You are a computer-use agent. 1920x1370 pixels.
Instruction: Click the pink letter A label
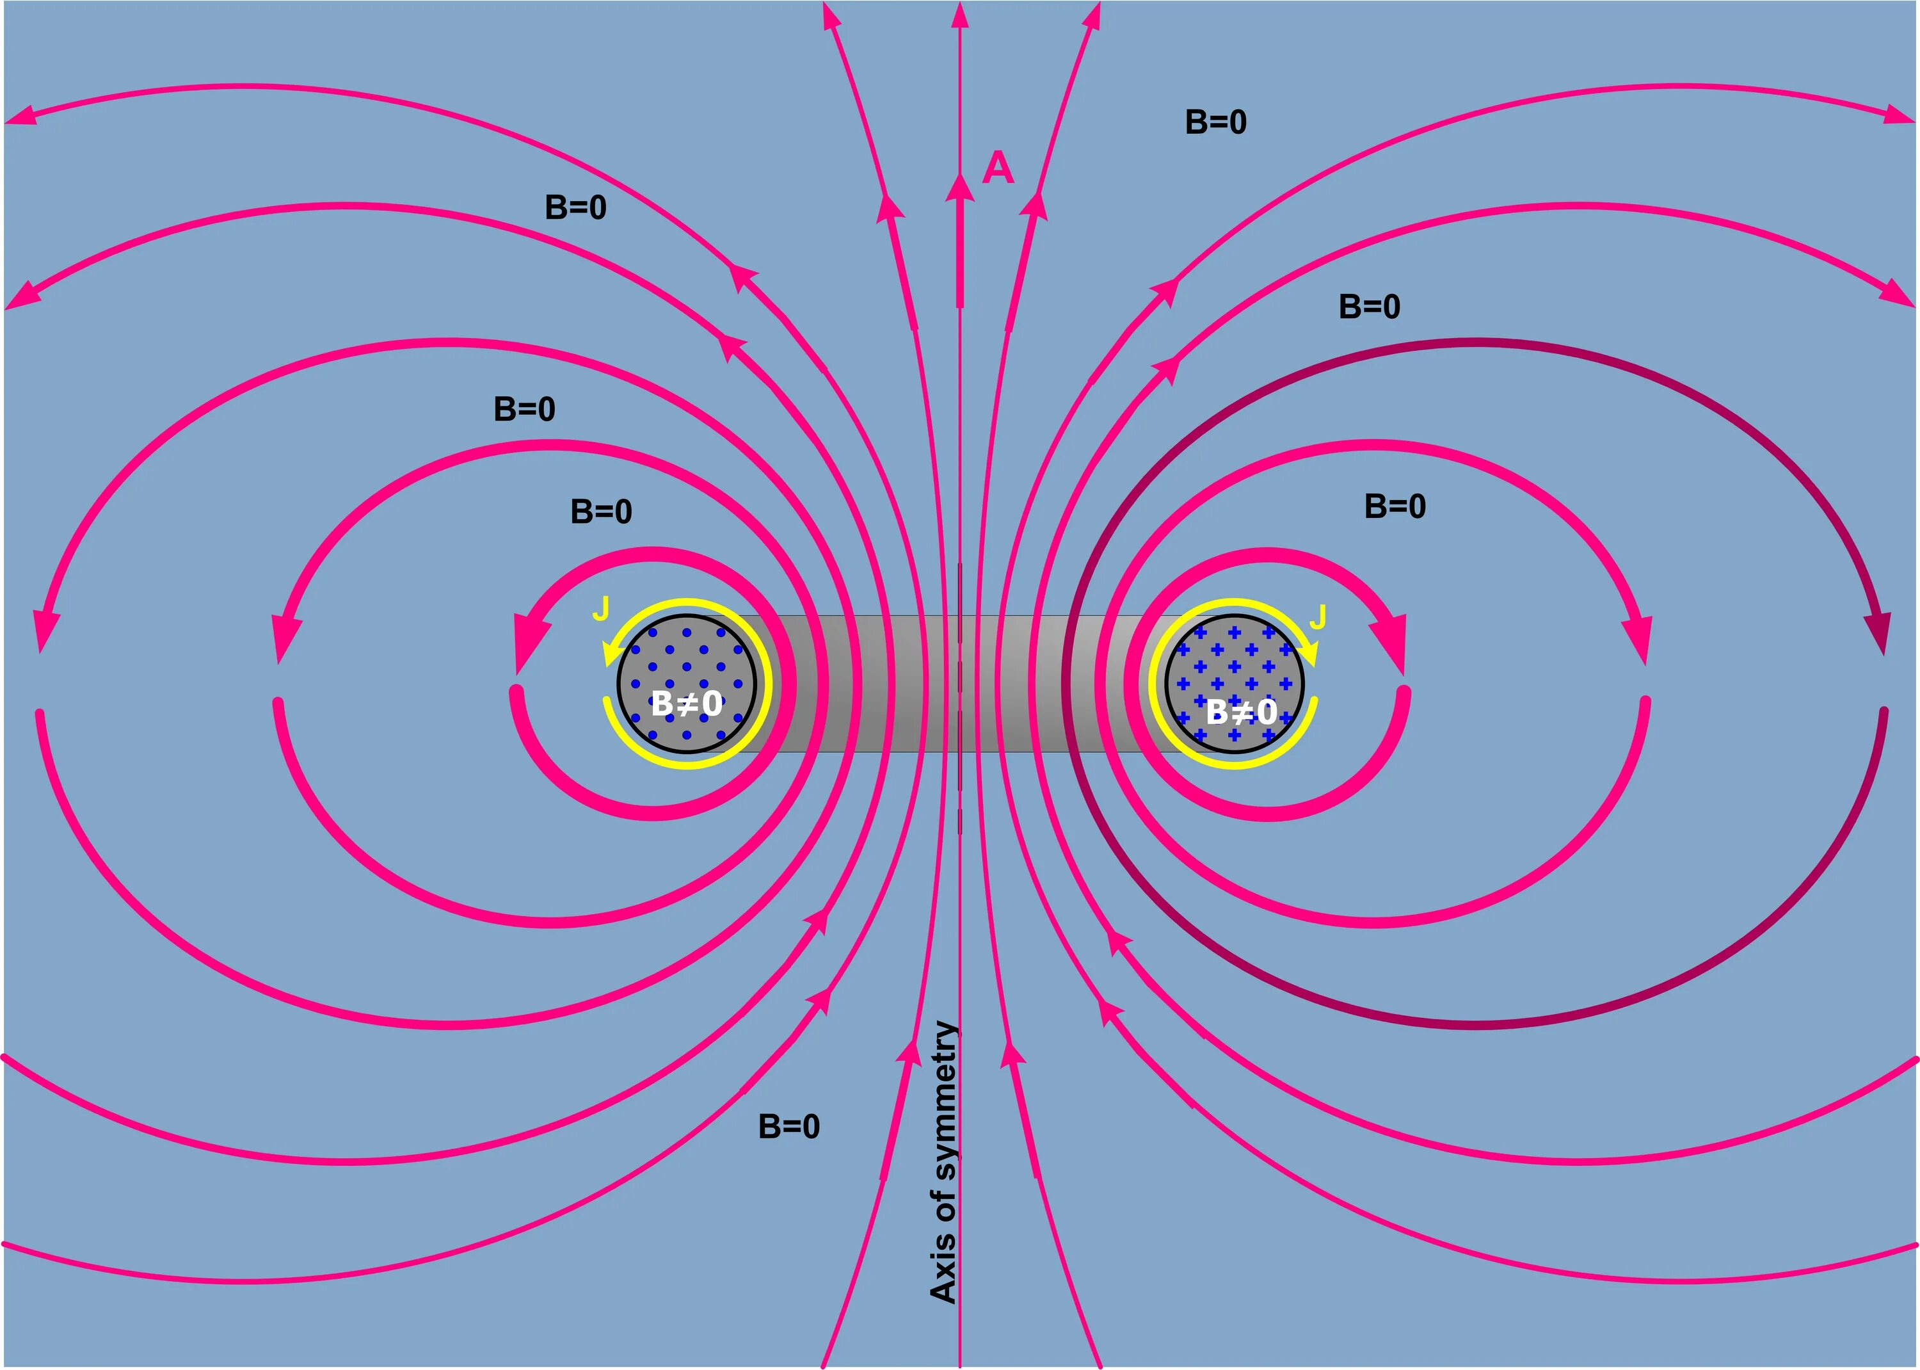998,169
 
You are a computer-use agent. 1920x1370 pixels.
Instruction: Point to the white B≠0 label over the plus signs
1240,712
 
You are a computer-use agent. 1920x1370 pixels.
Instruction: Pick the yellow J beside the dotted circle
601,608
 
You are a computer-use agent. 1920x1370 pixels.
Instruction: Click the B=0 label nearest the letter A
1215,122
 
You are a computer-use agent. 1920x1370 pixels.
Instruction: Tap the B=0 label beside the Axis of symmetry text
788,1126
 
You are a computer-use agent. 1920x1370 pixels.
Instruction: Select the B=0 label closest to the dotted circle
601,512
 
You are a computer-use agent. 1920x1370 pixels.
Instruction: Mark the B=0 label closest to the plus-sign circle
1395,506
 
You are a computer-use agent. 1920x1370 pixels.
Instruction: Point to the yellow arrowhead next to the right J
1309,654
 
